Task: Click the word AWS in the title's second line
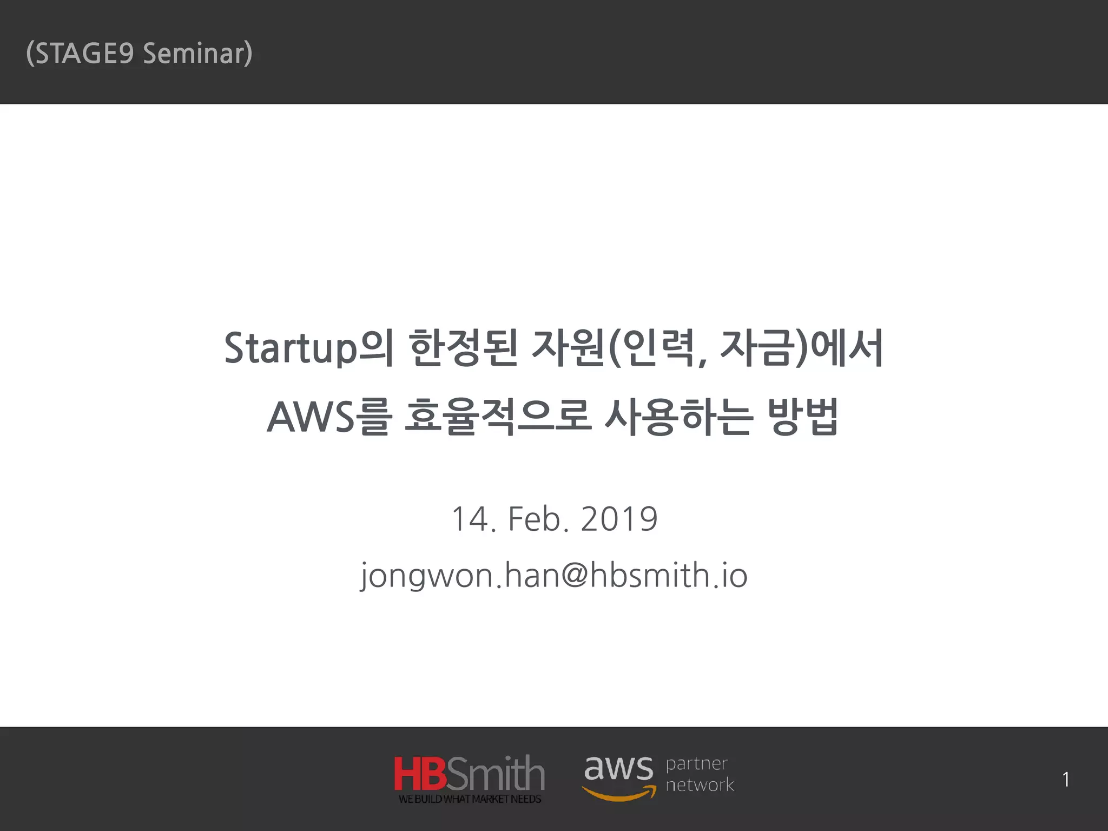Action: click(311, 418)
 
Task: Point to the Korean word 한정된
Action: click(464, 348)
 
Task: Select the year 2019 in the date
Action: click(619, 519)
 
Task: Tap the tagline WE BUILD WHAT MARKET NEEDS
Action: click(470, 799)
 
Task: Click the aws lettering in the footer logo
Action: click(618, 768)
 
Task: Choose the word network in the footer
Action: click(700, 784)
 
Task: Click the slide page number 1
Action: click(1066, 780)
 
